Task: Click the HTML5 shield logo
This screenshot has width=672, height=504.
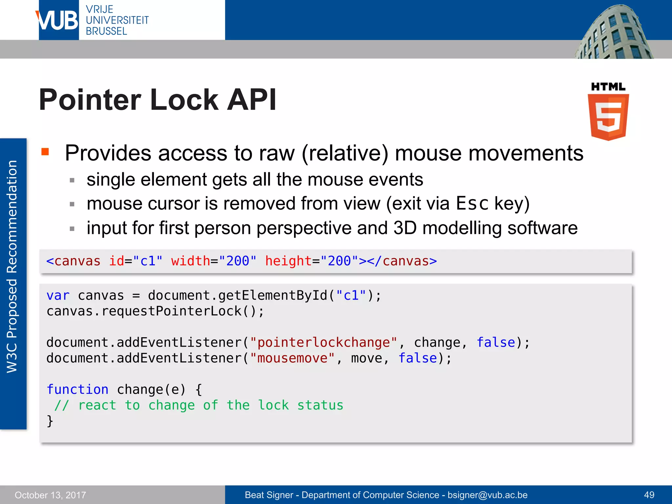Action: point(608,116)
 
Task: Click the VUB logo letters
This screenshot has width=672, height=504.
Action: point(58,20)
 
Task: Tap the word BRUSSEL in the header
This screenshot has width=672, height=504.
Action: point(106,31)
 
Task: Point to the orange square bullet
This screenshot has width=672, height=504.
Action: point(45,152)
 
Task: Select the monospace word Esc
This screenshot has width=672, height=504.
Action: point(472,203)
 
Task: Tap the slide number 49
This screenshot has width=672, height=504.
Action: point(649,495)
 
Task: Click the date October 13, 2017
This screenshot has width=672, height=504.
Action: point(50,495)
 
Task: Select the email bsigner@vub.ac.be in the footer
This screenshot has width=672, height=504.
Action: point(487,495)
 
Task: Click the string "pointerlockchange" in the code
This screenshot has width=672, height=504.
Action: point(323,343)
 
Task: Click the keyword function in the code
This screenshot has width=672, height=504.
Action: point(77,389)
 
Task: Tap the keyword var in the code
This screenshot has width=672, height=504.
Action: point(58,296)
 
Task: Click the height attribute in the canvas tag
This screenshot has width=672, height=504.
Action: point(288,261)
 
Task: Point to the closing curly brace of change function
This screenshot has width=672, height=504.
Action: point(50,421)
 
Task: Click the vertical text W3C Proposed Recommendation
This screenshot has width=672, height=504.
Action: point(12,266)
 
